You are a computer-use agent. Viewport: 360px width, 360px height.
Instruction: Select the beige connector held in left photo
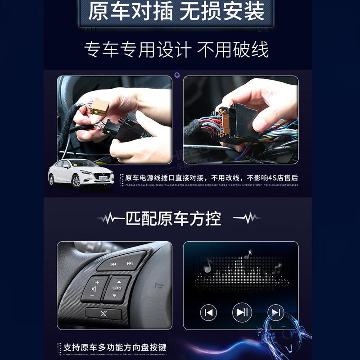click(x=99, y=106)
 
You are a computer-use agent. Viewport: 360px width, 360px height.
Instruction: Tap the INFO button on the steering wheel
click(x=117, y=288)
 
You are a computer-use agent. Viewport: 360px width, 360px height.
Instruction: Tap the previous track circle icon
click(x=208, y=312)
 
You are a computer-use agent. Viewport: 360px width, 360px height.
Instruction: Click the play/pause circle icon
click(x=242, y=312)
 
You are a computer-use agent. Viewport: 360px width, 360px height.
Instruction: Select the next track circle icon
click(x=275, y=312)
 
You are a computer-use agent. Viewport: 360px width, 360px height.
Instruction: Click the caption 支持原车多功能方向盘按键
click(x=115, y=347)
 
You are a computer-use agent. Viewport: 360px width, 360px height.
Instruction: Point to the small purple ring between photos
click(x=177, y=75)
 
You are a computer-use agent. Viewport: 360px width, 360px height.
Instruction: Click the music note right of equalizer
click(x=276, y=270)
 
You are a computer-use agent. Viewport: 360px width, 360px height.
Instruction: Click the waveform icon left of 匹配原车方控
click(x=111, y=219)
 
